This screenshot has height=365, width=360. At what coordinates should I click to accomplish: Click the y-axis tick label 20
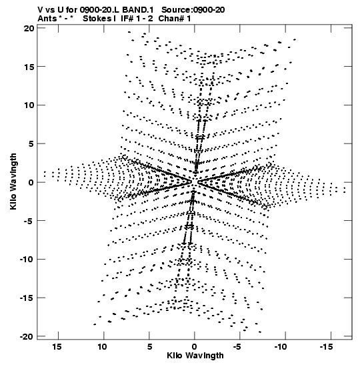point(29,29)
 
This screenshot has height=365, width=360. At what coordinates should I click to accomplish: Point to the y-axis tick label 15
point(29,67)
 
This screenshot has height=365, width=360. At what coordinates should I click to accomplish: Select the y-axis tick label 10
point(29,105)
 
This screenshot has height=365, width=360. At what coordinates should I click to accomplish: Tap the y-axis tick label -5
point(29,221)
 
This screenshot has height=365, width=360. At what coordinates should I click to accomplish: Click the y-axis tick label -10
point(27,259)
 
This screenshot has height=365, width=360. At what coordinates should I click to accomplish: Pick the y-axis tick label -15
point(27,298)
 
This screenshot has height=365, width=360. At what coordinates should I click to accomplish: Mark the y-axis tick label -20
point(27,336)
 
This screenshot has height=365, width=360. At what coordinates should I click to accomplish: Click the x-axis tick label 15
point(57,347)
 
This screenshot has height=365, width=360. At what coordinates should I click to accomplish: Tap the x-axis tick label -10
point(281,347)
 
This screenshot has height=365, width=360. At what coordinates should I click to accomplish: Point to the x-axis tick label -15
point(327,347)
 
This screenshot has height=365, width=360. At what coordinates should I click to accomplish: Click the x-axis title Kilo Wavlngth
point(195,356)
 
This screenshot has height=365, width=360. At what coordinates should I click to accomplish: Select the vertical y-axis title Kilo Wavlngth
point(13,181)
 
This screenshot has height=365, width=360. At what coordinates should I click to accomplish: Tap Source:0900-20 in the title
point(193,10)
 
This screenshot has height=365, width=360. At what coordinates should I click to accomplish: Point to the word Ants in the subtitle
point(47,19)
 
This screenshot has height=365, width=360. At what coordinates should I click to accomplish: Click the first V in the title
point(40,10)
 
